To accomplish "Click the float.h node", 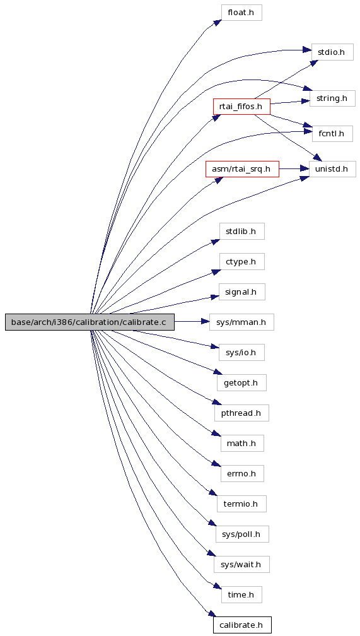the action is pyautogui.click(x=241, y=13).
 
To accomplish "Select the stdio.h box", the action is pyautogui.click(x=332, y=52).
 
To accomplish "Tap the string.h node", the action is pyautogui.click(x=332, y=98).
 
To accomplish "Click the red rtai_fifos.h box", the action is pyautogui.click(x=241, y=106).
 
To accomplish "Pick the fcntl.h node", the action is pyautogui.click(x=332, y=134).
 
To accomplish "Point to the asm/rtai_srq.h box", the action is pyautogui.click(x=242, y=168).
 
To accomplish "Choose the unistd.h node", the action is pyautogui.click(x=332, y=168).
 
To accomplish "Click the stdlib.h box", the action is pyautogui.click(x=241, y=231).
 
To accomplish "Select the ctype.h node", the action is pyautogui.click(x=241, y=262).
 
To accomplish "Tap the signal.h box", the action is pyautogui.click(x=241, y=291).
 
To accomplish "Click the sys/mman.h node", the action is pyautogui.click(x=241, y=322).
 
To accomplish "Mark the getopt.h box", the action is pyautogui.click(x=241, y=382).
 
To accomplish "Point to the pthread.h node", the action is pyautogui.click(x=241, y=413).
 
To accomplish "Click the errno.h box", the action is pyautogui.click(x=242, y=473).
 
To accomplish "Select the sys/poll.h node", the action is pyautogui.click(x=241, y=534).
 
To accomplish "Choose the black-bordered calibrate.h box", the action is pyautogui.click(x=242, y=625).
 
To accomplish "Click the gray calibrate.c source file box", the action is pyautogui.click(x=90, y=322).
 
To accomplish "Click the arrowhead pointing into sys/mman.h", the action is pyautogui.click(x=206, y=322).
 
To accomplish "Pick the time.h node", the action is pyautogui.click(x=241, y=594).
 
